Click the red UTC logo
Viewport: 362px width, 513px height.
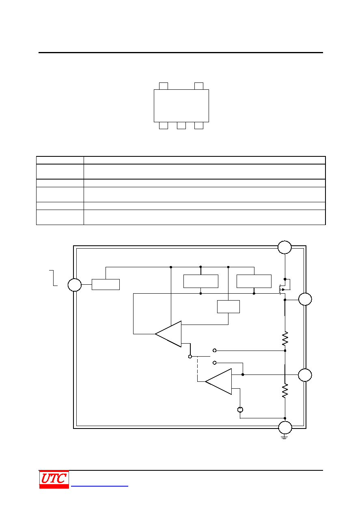click(x=54, y=479)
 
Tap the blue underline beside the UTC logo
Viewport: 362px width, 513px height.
click(x=99, y=486)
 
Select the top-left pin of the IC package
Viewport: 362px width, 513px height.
click(x=164, y=86)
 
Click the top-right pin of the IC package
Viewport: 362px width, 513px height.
click(x=198, y=86)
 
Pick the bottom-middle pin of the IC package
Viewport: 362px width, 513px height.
click(x=181, y=126)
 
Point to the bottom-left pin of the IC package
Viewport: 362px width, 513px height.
click(x=164, y=126)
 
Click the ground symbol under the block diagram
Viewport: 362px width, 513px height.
click(x=284, y=437)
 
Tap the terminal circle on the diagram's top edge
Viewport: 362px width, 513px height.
click(x=284, y=247)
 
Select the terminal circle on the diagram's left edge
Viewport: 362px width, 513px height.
click(x=74, y=285)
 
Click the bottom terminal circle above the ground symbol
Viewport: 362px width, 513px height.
click(x=285, y=427)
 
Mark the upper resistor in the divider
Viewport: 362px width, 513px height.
click(x=285, y=338)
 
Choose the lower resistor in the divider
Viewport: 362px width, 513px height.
click(x=285, y=391)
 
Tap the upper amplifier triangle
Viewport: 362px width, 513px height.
click(x=168, y=334)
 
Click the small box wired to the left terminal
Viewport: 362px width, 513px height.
click(x=106, y=284)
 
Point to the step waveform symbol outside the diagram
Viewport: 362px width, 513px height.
click(x=53, y=278)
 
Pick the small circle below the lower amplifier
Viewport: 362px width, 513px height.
click(x=240, y=409)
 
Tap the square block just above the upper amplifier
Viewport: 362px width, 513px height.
click(x=228, y=306)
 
